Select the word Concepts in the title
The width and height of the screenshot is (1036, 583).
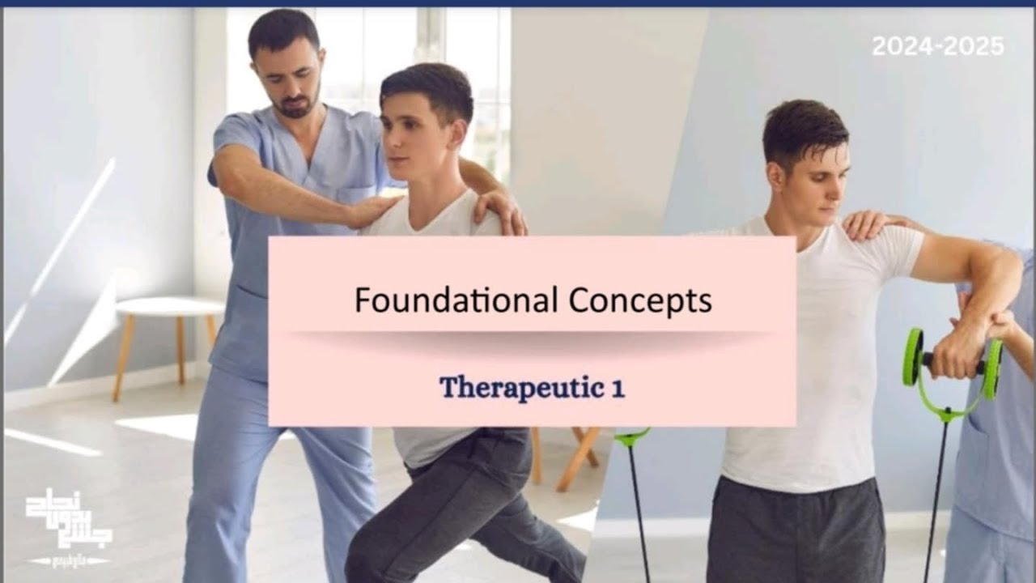[639, 301]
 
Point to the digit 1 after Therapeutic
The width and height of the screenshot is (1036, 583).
[618, 388]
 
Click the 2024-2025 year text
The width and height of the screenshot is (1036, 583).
[937, 46]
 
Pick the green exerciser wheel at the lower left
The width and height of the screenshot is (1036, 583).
[631, 437]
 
